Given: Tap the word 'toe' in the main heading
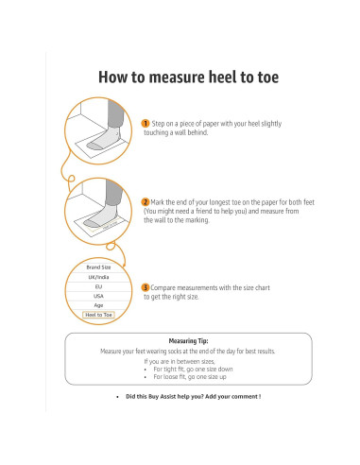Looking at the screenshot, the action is pyautogui.click(x=268, y=77).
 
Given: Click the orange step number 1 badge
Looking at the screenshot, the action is pyautogui.click(x=145, y=123).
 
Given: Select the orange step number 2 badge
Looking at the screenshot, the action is pyautogui.click(x=145, y=202).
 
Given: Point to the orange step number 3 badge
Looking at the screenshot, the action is pyautogui.click(x=145, y=287).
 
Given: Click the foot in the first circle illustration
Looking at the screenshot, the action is pyautogui.click(x=103, y=140).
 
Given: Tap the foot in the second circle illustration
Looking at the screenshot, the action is pyautogui.click(x=101, y=216).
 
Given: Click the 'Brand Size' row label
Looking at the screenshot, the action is pyautogui.click(x=98, y=267).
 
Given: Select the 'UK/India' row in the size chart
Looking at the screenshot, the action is pyautogui.click(x=98, y=277).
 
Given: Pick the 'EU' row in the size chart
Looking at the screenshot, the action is pyautogui.click(x=98, y=286).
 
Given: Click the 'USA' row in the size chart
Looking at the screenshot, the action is pyautogui.click(x=98, y=296).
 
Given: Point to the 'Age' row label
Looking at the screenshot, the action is pyautogui.click(x=98, y=305).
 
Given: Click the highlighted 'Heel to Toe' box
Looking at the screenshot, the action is pyautogui.click(x=98, y=315).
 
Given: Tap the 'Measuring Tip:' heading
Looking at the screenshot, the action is pyautogui.click(x=188, y=341).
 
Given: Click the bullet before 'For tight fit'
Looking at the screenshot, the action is pyautogui.click(x=146, y=370).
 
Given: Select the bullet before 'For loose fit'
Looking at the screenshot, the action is pyautogui.click(x=146, y=377).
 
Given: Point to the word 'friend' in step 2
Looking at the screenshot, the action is pyautogui.click(x=203, y=211).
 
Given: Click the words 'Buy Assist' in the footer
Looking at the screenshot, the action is pyautogui.click(x=162, y=397).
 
